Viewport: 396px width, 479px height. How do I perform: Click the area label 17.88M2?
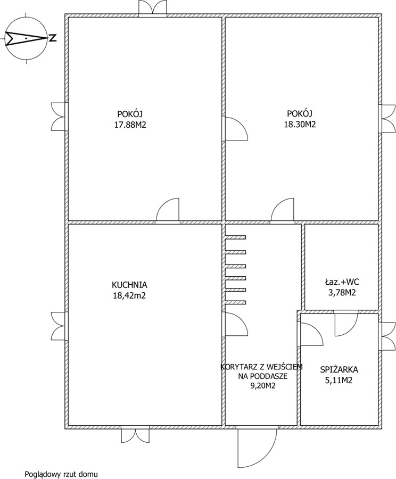tap(130, 125)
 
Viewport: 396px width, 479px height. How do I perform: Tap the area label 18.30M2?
tap(300, 125)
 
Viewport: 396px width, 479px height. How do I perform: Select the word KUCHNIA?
tap(129, 285)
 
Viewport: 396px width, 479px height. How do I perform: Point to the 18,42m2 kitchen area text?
tap(129, 296)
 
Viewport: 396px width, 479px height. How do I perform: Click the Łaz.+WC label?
tap(342, 282)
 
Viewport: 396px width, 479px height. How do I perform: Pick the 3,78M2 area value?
tap(342, 293)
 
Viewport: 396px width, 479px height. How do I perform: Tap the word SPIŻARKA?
tap(339, 370)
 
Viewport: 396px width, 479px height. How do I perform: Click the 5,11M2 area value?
tap(339, 381)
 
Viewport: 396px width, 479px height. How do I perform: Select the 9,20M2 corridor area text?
tap(263, 386)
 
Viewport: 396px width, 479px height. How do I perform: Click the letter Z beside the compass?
tap(53, 38)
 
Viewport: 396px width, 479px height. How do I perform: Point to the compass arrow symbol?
tap(26, 38)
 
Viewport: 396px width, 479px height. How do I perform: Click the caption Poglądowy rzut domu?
tap(61, 474)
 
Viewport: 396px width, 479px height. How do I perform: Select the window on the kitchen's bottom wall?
tap(135, 434)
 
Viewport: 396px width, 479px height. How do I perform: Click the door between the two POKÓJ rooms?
tap(236, 129)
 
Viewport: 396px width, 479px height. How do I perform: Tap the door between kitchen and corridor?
tap(236, 325)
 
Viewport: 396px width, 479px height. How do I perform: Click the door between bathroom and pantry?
tap(346, 324)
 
